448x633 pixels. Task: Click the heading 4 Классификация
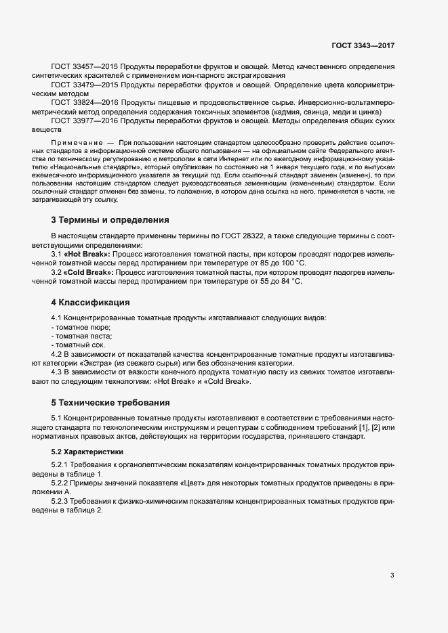tap(90, 301)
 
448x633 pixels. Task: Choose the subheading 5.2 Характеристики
tap(87, 451)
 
